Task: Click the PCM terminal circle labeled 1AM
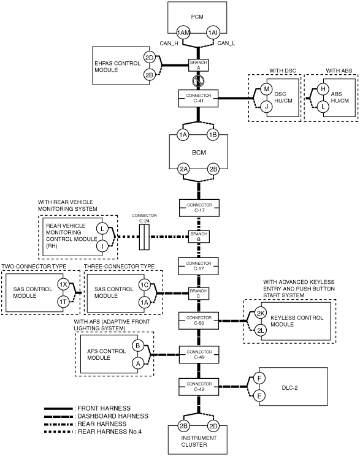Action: coord(183,32)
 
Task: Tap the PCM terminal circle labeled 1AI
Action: coord(213,32)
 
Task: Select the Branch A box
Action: coord(199,65)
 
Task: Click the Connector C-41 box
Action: coord(198,98)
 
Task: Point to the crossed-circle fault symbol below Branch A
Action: coord(199,80)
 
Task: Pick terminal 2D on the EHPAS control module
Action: coord(149,58)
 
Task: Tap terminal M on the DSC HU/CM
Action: coord(266,89)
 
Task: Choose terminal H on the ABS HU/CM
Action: coord(323,89)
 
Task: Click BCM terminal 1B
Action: coord(213,135)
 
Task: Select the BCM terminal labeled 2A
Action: coord(183,169)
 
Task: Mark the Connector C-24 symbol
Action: coord(144,237)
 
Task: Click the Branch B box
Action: coord(199,237)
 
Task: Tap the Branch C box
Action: coord(199,294)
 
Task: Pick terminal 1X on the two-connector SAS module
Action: coord(63,285)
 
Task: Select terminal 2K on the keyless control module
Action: coord(261,313)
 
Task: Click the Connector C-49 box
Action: coord(199,354)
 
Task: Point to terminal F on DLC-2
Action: coord(259,378)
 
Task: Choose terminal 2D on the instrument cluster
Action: coord(213,426)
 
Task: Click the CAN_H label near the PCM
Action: coord(169,44)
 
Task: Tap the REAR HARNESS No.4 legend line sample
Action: coord(58,431)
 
